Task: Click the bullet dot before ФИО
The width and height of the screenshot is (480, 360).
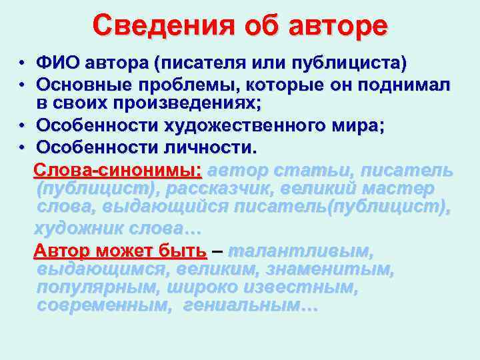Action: (22, 65)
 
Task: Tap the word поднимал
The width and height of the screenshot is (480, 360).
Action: (405, 85)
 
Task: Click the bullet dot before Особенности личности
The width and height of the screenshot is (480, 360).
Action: (22, 146)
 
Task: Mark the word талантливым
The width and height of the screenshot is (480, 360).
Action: (301, 251)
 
